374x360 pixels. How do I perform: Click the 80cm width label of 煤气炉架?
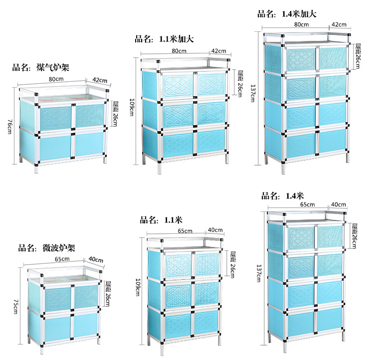pos(56,79)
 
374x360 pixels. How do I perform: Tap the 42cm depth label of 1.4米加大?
pos(339,24)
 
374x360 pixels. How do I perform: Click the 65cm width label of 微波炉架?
pos(62,259)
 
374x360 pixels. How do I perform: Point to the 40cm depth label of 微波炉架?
pos(96,260)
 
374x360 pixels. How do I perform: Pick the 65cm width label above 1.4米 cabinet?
pos(307,204)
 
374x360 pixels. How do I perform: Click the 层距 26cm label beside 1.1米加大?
pos(239,79)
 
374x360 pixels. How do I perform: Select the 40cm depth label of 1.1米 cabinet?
pos(215,230)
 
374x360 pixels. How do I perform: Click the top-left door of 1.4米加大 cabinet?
pos(301,59)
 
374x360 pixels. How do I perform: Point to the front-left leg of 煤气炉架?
pos(36,167)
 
